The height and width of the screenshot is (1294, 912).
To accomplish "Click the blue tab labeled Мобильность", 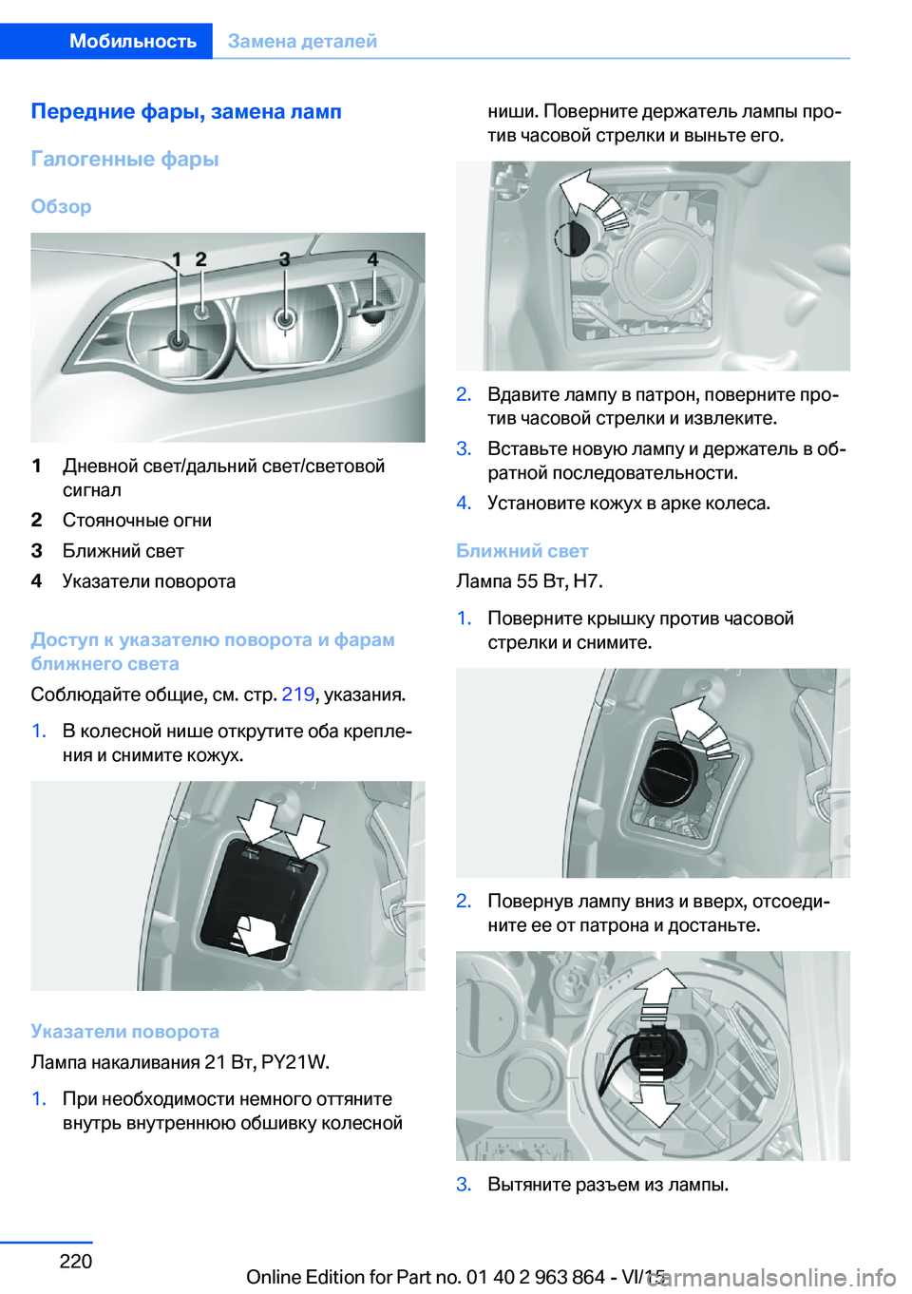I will (x=132, y=41).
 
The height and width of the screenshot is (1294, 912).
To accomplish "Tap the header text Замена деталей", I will (x=302, y=41).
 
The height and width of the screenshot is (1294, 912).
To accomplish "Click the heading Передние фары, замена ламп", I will (x=186, y=111).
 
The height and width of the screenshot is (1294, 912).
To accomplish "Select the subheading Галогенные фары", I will (x=124, y=159).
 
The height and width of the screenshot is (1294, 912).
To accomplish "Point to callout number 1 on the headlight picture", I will (x=176, y=259).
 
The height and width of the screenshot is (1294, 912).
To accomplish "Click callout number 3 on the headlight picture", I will (x=284, y=258).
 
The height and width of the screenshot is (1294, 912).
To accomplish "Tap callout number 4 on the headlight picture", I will (x=372, y=258).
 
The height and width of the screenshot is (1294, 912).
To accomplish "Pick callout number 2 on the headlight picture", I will (x=200, y=258).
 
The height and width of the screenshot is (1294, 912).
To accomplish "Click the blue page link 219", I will (x=297, y=695).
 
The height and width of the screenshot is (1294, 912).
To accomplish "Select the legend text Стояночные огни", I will (x=137, y=521).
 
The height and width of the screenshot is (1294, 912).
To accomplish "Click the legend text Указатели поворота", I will (x=148, y=581).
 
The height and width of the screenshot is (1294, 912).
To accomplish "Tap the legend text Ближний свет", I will (x=123, y=551).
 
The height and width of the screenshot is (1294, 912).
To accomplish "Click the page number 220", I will (x=75, y=1261).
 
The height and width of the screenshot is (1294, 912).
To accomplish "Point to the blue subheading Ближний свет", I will (x=522, y=551).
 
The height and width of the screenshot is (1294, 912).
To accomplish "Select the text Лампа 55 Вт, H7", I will (x=529, y=581).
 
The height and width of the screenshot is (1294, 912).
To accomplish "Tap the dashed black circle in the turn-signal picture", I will (x=571, y=238).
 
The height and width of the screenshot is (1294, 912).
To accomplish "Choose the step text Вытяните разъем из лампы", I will (x=608, y=1185).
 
